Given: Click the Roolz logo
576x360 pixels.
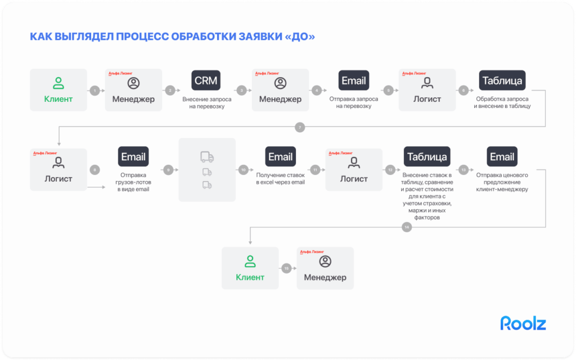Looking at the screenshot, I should pyautogui.click(x=523, y=323).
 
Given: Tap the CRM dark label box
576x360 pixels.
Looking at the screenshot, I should pyautogui.click(x=205, y=80).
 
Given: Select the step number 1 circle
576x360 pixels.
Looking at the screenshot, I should pyautogui.click(x=95, y=90).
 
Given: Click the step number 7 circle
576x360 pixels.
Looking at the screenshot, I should pyautogui.click(x=300, y=128).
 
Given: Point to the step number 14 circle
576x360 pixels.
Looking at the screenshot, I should pyautogui.click(x=407, y=227).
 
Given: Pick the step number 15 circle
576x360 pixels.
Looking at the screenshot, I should pyautogui.click(x=286, y=269).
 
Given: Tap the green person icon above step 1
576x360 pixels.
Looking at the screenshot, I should pyautogui.click(x=58, y=83).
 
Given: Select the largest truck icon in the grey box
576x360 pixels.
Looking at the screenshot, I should pyautogui.click(x=206, y=157).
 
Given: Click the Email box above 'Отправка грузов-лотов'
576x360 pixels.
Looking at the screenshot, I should pyautogui.click(x=133, y=157).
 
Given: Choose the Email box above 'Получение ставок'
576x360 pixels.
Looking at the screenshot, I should pyautogui.click(x=280, y=157).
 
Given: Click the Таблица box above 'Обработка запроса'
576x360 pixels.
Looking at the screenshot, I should pyautogui.click(x=502, y=80).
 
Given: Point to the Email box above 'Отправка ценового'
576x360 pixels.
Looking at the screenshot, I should pyautogui.click(x=502, y=157).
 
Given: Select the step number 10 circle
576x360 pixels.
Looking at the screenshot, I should pyautogui.click(x=244, y=169).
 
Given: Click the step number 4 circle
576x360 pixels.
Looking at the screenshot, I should pyautogui.click(x=317, y=90).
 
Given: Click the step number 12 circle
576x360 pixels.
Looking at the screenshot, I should pyautogui.click(x=390, y=169).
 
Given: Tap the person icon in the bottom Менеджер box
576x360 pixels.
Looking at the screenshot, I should pyautogui.click(x=325, y=261).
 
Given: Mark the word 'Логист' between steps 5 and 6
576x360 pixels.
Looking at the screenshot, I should pyautogui.click(x=427, y=100).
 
